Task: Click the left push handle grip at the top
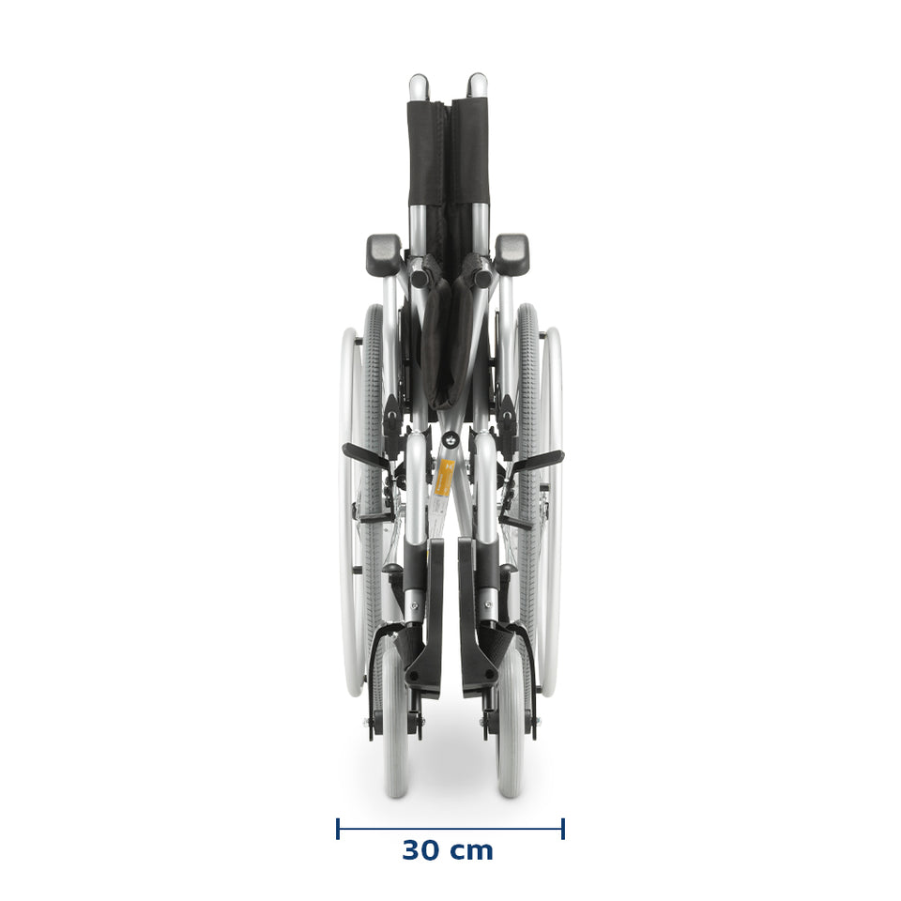tap(418, 86)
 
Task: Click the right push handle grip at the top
tap(477, 85)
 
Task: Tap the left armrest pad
tap(384, 254)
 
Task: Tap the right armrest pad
tap(512, 254)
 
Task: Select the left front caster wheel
tap(395, 717)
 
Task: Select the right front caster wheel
tap(511, 717)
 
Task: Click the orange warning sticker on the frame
tap(445, 478)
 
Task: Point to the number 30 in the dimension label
tap(421, 850)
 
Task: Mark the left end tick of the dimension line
tap(338, 829)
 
